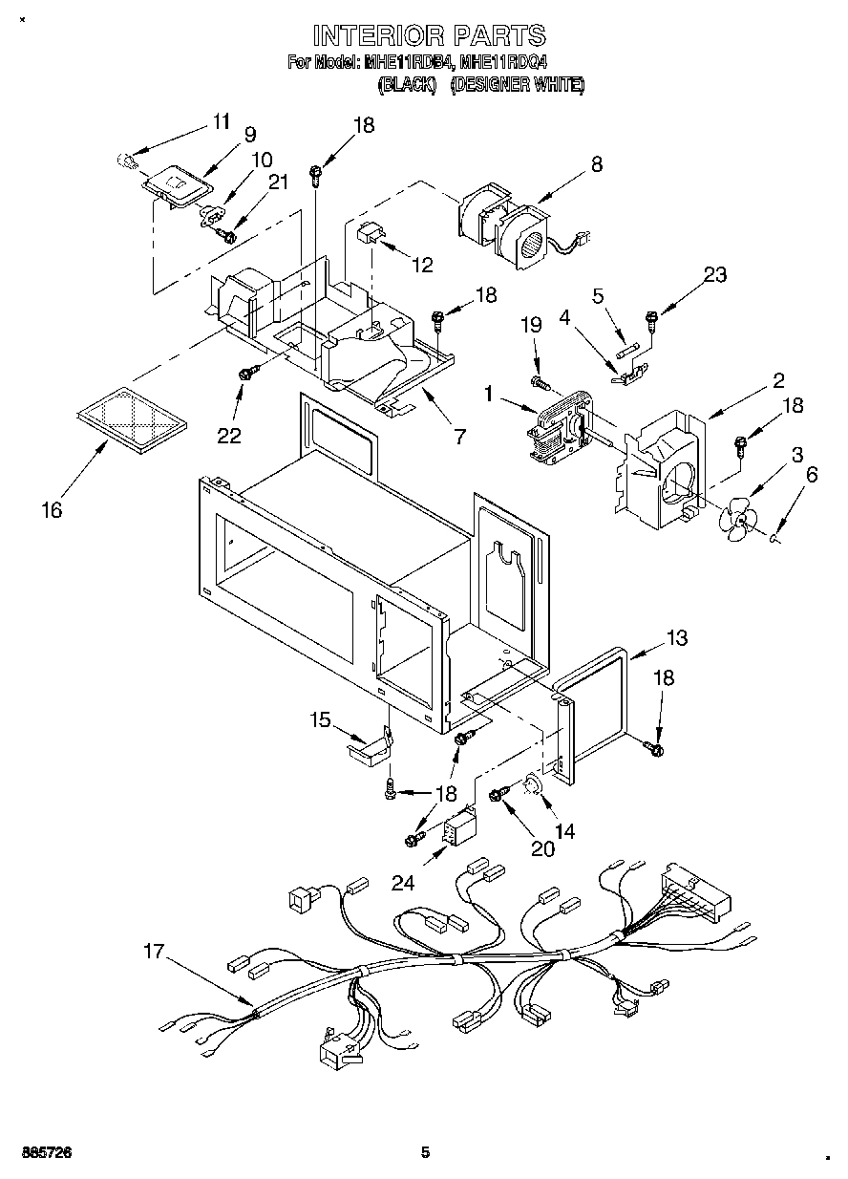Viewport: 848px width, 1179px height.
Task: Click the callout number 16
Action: tap(52, 510)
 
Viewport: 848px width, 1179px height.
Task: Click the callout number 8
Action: tap(597, 163)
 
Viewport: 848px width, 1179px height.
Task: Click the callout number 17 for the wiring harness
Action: tap(154, 952)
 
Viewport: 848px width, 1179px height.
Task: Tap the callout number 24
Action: tap(403, 884)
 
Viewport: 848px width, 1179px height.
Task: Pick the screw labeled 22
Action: tap(247, 375)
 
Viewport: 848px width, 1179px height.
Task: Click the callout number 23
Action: tap(714, 275)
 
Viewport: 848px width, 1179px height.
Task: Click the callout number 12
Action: tap(421, 265)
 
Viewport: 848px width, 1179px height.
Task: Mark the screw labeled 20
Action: tap(498, 795)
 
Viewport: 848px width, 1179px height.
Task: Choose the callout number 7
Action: tap(459, 437)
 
